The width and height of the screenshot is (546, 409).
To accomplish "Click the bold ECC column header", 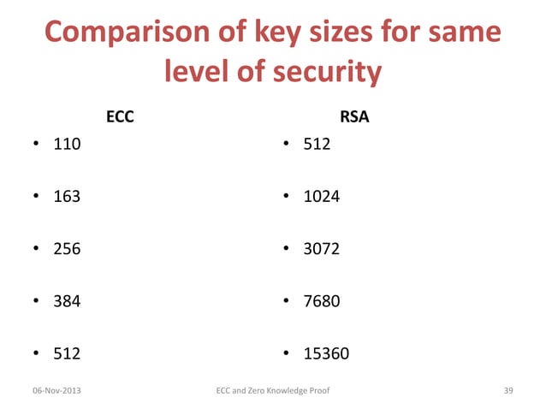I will point(119,118).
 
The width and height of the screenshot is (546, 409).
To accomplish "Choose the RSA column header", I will point(355,118).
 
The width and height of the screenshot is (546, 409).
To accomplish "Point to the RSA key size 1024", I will point(322,196).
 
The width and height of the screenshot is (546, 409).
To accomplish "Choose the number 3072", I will point(322,248).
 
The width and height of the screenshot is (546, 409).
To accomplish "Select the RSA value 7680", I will point(322,300).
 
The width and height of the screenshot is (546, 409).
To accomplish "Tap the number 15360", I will point(326,353).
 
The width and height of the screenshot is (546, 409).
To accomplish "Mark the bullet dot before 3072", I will point(288,249).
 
